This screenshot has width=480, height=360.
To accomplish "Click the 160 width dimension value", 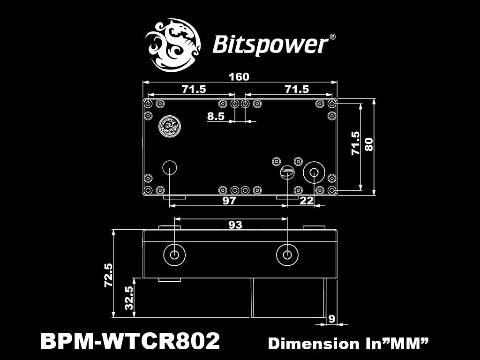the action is click(239, 76).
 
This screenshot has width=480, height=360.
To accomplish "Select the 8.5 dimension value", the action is click(216, 116).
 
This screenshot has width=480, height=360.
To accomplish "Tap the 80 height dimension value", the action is click(369, 144).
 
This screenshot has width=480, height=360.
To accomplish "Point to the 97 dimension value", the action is click(229, 201).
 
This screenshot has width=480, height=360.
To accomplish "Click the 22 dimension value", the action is click(307, 201).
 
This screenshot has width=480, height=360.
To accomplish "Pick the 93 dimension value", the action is click(235, 225).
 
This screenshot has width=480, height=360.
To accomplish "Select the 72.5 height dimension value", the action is click(109, 275).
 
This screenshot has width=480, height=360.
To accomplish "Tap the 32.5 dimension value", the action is click(129, 298).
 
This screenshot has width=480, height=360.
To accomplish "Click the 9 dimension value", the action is click(331, 319).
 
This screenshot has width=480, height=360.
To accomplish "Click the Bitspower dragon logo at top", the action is click(172, 45).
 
